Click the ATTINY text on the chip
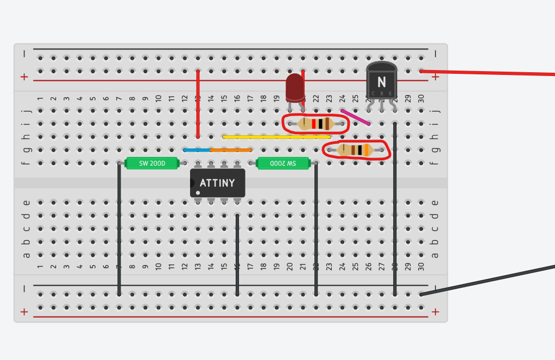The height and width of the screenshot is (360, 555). (217, 183)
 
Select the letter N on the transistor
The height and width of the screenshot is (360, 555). (381, 82)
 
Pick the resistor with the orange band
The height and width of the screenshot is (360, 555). (355, 150)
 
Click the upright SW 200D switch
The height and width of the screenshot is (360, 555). (152, 163)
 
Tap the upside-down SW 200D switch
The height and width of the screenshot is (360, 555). (283, 163)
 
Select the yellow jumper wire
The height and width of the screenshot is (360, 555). (277, 137)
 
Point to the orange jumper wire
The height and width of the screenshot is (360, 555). (231, 150)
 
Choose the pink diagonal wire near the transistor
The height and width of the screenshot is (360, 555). (356, 117)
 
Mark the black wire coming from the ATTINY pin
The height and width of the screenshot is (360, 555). (237, 255)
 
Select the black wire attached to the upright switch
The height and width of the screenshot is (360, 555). (119, 228)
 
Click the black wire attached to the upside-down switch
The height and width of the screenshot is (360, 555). (316, 228)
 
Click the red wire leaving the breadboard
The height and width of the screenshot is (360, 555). (489, 73)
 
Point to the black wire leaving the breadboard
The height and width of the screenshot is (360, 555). (489, 280)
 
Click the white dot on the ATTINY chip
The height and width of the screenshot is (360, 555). (198, 193)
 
